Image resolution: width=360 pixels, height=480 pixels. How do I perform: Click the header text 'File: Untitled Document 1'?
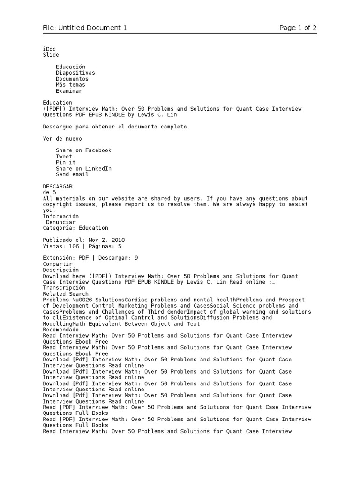coord(85,28)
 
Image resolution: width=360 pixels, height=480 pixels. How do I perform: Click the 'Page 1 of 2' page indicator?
coord(298,28)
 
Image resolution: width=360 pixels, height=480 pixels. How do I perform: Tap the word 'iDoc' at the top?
coord(49,49)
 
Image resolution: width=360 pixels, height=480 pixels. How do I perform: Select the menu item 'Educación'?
coord(70,67)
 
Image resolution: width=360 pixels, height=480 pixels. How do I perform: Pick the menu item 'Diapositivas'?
coord(75,73)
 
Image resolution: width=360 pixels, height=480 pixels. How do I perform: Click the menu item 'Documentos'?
coord(72,79)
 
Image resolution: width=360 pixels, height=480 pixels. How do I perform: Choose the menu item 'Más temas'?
coord(70,85)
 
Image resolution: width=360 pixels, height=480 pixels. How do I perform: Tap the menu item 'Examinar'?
coord(69,91)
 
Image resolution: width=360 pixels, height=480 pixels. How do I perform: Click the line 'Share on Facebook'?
coord(83,150)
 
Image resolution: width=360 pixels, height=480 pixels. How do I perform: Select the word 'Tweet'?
coord(64,157)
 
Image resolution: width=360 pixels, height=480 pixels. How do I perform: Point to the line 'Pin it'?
coord(66,163)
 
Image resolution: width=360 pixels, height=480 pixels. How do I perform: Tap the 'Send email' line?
coord(72,175)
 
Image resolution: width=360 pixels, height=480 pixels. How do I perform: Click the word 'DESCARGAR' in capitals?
coord(58,187)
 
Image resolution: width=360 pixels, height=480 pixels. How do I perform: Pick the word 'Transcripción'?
coord(64,288)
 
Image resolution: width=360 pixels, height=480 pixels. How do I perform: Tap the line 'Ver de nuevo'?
coord(62,139)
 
